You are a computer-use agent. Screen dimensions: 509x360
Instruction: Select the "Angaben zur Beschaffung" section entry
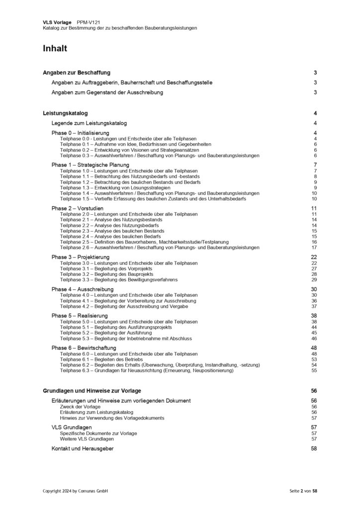click(77, 73)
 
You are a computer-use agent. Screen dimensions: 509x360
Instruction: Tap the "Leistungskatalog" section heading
click(65, 113)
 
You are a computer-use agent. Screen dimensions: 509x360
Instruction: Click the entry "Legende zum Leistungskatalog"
click(90, 123)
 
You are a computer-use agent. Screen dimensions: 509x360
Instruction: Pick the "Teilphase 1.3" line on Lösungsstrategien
click(115, 188)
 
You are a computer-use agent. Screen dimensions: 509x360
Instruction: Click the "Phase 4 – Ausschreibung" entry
click(82, 289)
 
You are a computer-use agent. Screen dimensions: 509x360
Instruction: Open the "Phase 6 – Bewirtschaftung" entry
click(84, 347)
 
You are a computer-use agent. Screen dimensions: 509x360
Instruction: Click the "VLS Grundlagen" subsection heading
click(72, 427)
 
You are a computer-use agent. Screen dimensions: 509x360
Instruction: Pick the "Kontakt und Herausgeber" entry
click(82, 448)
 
